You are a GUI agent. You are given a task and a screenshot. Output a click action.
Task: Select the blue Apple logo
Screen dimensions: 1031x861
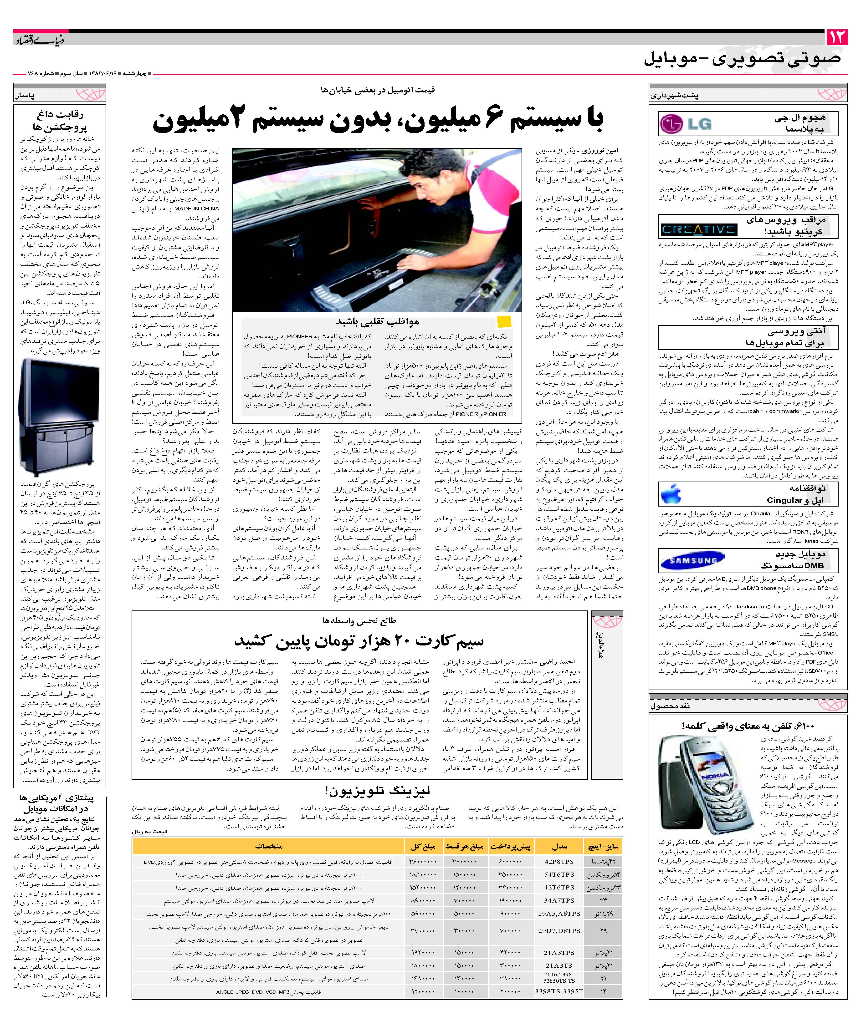point(671,493)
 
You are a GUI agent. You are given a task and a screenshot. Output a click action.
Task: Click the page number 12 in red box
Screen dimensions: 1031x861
point(837,37)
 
